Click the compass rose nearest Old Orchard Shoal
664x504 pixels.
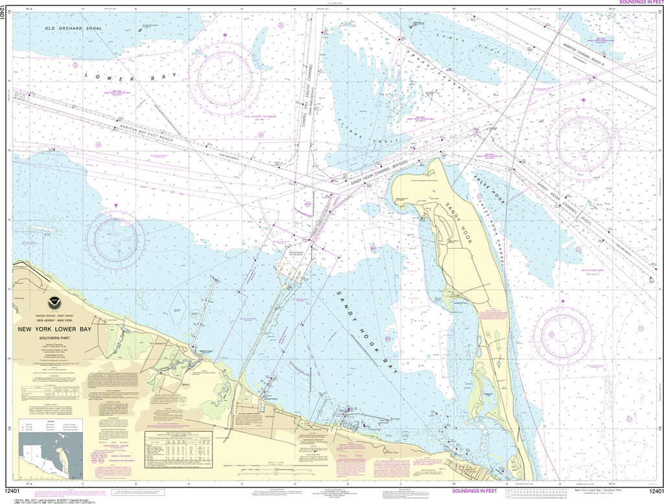click(224, 75)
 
